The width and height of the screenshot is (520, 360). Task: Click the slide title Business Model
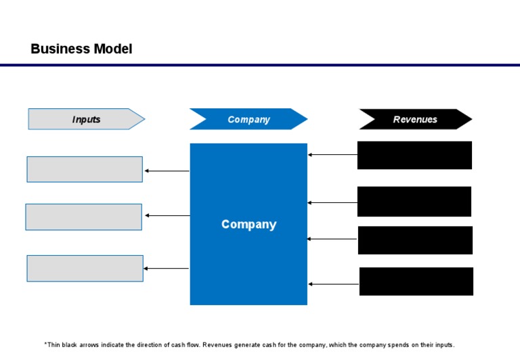[x=81, y=49]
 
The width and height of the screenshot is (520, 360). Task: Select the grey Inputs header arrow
[x=86, y=119]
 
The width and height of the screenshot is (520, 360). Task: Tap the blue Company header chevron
[x=248, y=119]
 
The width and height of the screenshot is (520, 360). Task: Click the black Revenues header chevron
[x=415, y=119]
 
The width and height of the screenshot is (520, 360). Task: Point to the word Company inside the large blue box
[x=248, y=224]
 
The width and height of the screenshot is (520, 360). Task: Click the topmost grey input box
[x=85, y=169]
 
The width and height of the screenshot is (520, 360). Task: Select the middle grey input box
[x=84, y=217]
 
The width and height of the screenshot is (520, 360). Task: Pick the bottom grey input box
[x=85, y=268]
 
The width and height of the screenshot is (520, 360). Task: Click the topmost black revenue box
[x=414, y=155]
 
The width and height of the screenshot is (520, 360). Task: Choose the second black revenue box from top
[x=414, y=201]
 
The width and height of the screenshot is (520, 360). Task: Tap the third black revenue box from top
[x=414, y=240]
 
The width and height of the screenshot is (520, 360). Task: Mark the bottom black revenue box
[x=416, y=281]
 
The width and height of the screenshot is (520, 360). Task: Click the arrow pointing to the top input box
[x=167, y=171]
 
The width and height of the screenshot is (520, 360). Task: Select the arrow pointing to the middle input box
[x=167, y=216]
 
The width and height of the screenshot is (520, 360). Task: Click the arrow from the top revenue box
[x=332, y=155]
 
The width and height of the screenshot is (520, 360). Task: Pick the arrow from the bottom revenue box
[x=333, y=284]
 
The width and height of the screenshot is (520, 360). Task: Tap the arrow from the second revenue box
[x=332, y=203]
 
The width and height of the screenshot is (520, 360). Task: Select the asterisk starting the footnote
[x=46, y=344]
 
